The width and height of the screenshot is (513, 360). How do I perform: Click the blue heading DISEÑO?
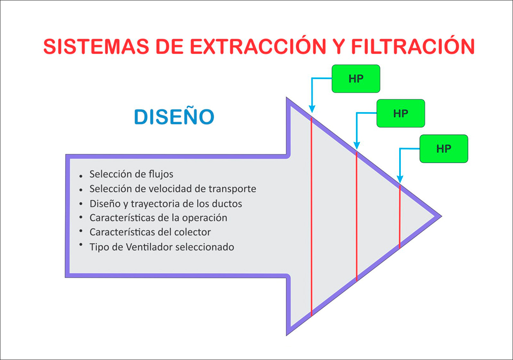point(174,117)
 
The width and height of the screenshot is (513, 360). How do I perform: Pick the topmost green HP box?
point(356,79)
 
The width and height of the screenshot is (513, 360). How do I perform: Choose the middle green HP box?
point(401,113)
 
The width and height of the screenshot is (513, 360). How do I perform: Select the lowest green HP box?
point(444,148)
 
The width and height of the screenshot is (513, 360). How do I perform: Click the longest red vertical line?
point(311,214)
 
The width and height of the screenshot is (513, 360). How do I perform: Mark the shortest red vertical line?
point(400,216)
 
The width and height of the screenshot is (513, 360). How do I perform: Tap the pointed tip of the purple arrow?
point(439,216)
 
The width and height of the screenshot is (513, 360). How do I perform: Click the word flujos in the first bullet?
point(161,174)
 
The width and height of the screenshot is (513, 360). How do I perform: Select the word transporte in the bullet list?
point(232,189)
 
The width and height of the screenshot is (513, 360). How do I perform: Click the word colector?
point(193,232)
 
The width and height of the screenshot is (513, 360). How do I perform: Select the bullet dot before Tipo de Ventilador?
point(81,245)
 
